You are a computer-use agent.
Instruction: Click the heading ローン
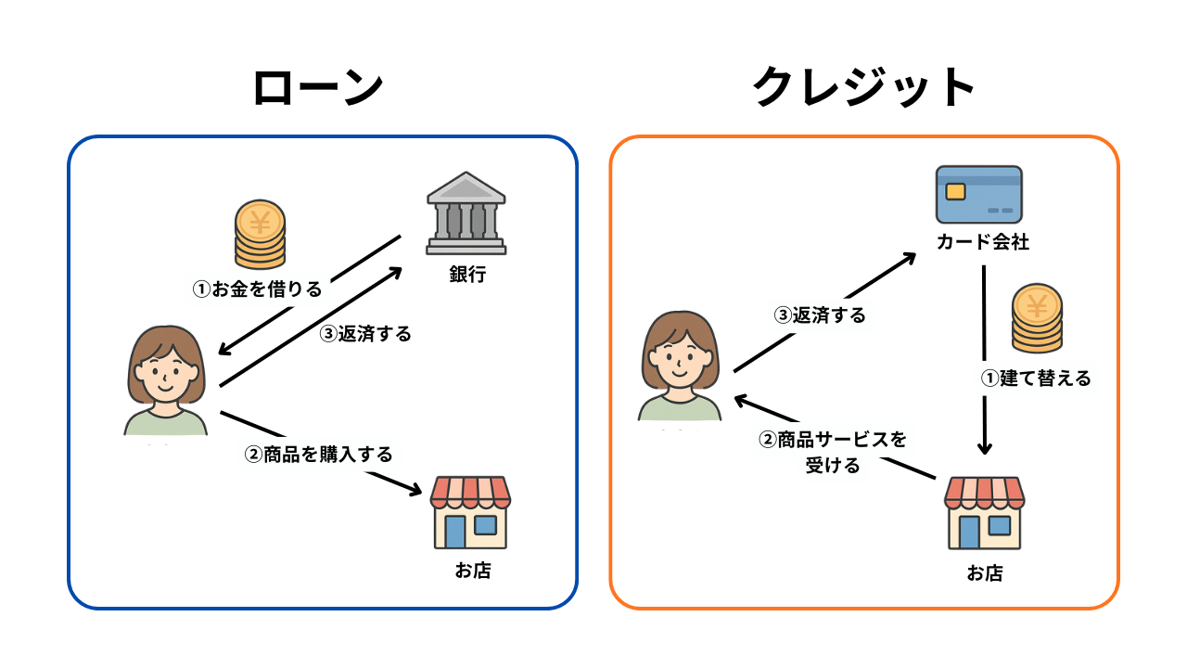pyautogui.click(x=317, y=89)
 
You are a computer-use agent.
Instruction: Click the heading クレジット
pyautogui.click(x=863, y=89)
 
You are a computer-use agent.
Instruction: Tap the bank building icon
pyautogui.click(x=466, y=213)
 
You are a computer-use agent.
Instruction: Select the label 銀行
pyautogui.click(x=466, y=275)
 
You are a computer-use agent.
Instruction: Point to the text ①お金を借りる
pyautogui.click(x=257, y=289)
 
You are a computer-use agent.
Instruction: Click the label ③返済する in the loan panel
pyautogui.click(x=364, y=334)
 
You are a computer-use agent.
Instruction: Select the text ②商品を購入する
pyautogui.click(x=318, y=455)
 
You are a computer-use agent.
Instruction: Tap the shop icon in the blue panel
pyautogui.click(x=471, y=512)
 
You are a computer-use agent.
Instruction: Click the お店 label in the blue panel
pyautogui.click(x=472, y=571)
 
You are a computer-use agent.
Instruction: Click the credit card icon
pyautogui.click(x=978, y=195)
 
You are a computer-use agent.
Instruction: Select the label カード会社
pyautogui.click(x=982, y=243)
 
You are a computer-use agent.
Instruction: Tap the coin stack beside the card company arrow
pyautogui.click(x=1038, y=318)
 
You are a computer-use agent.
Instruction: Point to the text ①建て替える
pyautogui.click(x=1036, y=379)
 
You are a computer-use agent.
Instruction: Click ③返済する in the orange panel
pyautogui.click(x=820, y=315)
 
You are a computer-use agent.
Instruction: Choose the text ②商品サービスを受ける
pyautogui.click(x=833, y=452)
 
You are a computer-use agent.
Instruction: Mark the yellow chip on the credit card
pyautogui.click(x=954, y=191)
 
